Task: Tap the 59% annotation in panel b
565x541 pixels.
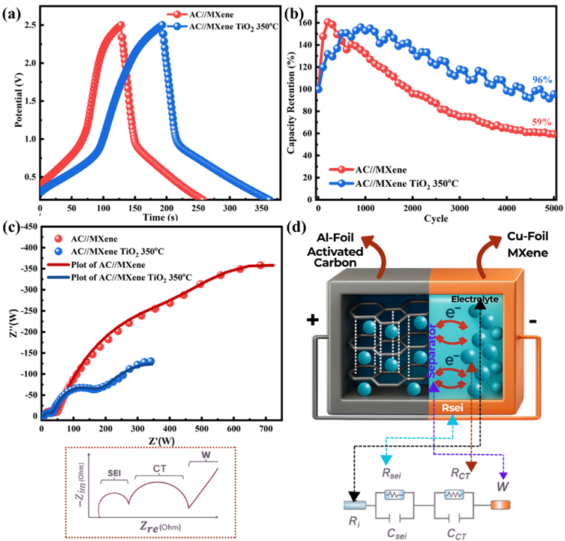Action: [x=541, y=121]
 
